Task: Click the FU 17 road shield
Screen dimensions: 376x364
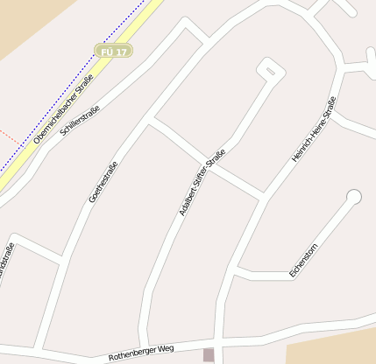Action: pyautogui.click(x=113, y=52)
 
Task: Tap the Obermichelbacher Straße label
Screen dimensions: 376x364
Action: pyautogui.click(x=63, y=109)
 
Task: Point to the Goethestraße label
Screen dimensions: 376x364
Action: pyautogui.click(x=103, y=182)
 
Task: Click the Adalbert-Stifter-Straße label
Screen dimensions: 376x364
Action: pyautogui.click(x=202, y=183)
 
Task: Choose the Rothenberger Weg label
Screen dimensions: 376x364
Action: pyautogui.click(x=141, y=353)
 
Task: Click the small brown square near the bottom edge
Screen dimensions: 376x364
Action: pyautogui.click(x=208, y=354)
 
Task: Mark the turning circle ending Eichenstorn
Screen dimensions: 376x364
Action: pyautogui.click(x=353, y=197)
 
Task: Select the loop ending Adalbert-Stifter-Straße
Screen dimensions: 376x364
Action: pyautogui.click(x=270, y=69)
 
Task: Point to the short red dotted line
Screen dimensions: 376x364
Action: pyautogui.click(x=9, y=136)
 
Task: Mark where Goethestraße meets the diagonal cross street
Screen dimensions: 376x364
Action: pyautogui.click(x=151, y=120)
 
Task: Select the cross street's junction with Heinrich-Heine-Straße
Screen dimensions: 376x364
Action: pyautogui.click(x=261, y=196)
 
